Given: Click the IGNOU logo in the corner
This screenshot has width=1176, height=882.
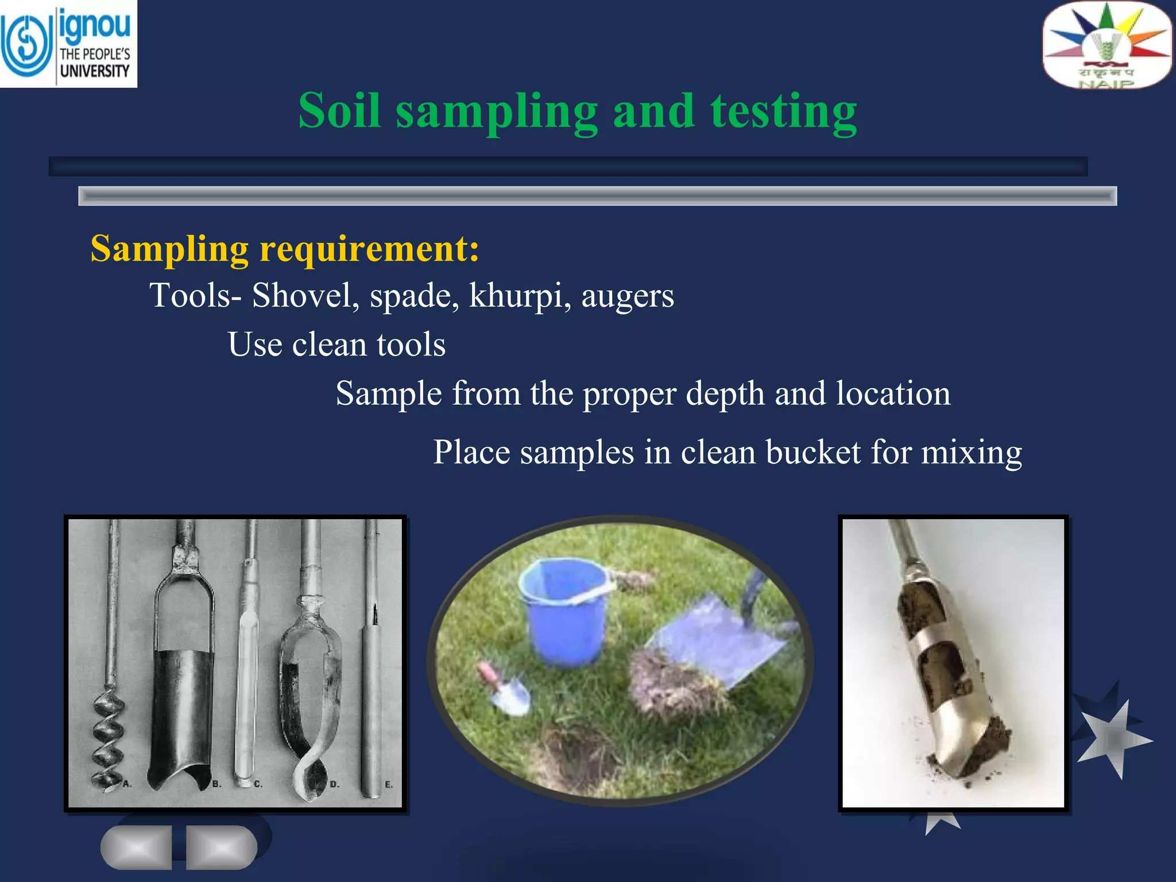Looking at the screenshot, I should tap(68, 44).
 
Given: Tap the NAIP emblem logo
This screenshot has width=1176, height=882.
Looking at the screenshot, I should tap(1107, 45).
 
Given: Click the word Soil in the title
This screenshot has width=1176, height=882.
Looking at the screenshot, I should tap(339, 110).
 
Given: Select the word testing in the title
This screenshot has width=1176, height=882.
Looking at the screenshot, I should tap(783, 111).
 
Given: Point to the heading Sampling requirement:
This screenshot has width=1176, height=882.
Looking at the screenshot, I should tap(285, 249).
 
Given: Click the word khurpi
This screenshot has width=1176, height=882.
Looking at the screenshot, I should tap(516, 296).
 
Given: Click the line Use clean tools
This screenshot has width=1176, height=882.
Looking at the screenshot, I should tap(336, 345).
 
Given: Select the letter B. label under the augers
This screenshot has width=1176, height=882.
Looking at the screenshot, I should tap(216, 783).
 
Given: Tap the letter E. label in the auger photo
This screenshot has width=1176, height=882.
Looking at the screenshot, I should tap(389, 784).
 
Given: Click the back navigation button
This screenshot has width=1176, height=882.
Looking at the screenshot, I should tap(137, 847).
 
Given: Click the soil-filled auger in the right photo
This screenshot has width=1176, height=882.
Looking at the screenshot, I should tap(947, 672).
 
